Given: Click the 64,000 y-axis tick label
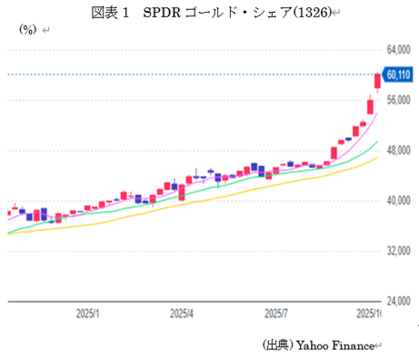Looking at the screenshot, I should [x=399, y=49].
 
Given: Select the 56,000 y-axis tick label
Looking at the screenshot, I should [x=399, y=100].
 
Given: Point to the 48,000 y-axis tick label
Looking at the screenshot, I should [x=399, y=150].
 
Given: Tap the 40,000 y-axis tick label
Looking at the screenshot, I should [x=399, y=200].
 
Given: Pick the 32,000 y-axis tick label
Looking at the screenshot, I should [x=399, y=250].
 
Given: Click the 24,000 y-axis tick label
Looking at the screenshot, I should [x=399, y=300].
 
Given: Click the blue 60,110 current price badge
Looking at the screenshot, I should [x=398, y=75].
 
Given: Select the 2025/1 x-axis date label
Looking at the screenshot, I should [x=87, y=313].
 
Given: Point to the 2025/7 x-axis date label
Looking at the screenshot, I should [x=275, y=313].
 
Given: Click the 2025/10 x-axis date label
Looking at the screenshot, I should [x=366, y=313].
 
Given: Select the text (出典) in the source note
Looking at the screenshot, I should [x=276, y=345].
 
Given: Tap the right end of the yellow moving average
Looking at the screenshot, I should [x=376, y=157].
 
